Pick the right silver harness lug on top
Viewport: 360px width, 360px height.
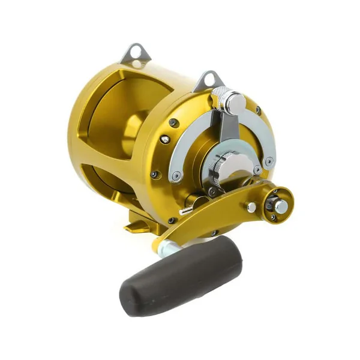[207, 80]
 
